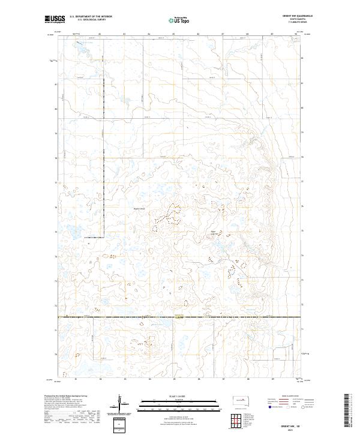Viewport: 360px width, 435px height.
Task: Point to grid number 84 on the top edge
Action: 149,34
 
